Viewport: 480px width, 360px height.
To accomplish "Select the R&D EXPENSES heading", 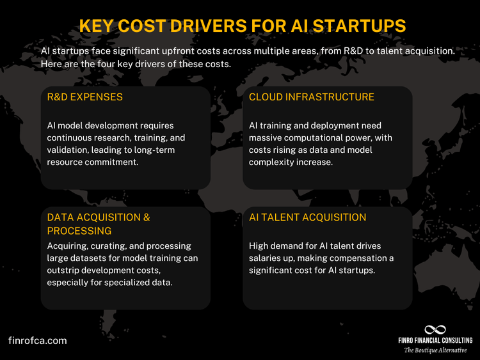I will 85,97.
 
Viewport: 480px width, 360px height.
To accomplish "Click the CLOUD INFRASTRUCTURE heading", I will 312,97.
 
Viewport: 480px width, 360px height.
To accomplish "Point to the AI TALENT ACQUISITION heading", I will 307,217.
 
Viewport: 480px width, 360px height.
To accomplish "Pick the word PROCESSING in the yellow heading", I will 79,230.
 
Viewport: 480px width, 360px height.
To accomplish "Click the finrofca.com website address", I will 38,340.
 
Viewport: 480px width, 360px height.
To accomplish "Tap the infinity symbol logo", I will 435,329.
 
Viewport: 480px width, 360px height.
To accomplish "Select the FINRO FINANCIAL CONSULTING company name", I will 435,341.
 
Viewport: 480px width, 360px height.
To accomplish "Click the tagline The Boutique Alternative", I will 435,350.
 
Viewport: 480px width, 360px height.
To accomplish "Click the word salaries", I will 268,258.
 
